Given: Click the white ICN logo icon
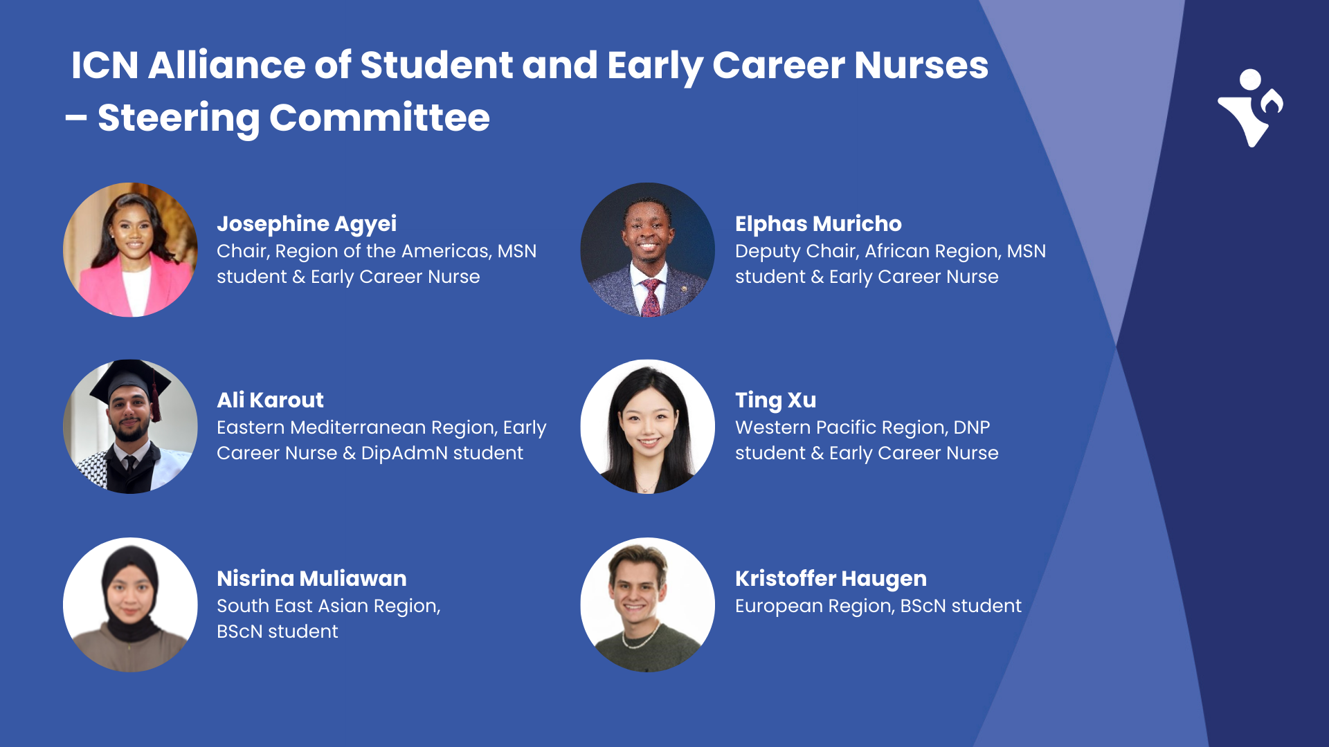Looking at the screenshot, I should point(1250,108).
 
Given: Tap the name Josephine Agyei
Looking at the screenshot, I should point(306,223).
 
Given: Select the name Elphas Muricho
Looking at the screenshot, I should point(817,223).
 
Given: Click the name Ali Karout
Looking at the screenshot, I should point(270,400).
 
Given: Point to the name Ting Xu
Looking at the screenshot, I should point(775,400).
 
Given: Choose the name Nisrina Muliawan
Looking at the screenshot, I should point(311,578).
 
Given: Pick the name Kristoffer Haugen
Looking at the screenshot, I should point(830,578).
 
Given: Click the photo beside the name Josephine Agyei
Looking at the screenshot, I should point(130,250).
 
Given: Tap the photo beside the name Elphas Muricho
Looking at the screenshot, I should point(647,250).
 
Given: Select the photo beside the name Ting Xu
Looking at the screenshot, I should point(647,426).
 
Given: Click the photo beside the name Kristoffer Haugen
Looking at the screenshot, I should point(647,605).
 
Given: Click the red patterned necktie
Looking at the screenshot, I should point(651,297).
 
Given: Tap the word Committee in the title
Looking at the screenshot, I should point(379,118).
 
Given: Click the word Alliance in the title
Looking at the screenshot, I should point(226,65).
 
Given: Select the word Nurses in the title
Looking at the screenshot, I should point(921,65).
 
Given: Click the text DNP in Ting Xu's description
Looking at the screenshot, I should point(971,427).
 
